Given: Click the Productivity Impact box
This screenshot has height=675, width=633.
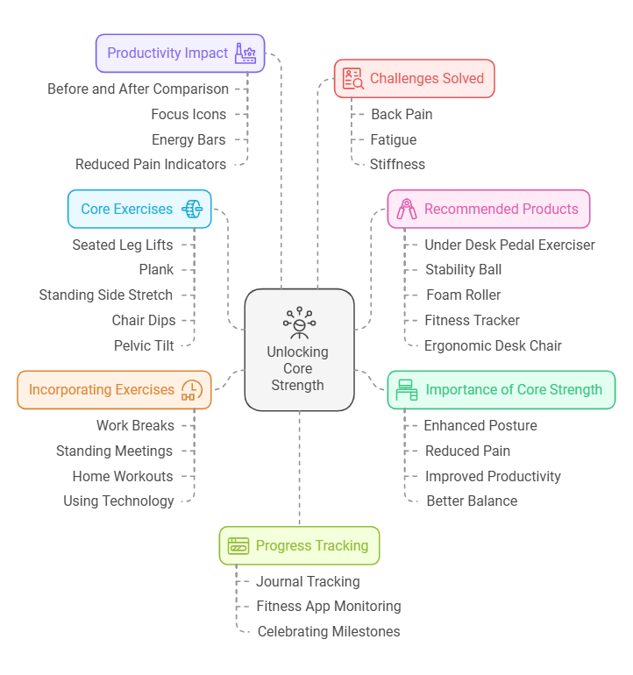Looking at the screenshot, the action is coord(180,53).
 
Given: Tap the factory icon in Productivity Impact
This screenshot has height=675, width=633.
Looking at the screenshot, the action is coord(245,53).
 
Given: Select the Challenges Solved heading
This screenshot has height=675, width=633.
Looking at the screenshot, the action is coord(427,78).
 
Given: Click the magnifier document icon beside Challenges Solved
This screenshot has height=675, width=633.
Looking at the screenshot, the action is coord(353,78).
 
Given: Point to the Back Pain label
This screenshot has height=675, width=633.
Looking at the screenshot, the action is coord(402,115).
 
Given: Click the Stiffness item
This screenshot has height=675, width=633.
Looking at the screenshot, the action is coord(397,165).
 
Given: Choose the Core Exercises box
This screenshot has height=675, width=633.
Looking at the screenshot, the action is coord(139,210).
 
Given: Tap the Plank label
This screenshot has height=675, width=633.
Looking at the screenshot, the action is coord(156,270).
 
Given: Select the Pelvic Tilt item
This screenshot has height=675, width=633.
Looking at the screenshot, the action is coord(144,345).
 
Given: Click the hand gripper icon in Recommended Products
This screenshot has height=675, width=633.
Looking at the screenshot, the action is coord(407,210).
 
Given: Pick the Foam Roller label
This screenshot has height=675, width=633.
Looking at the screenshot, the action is coord(463,295).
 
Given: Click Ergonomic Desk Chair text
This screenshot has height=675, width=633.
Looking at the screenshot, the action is coord(493,345).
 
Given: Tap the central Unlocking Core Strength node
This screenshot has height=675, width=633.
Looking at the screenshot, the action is coord(299,350).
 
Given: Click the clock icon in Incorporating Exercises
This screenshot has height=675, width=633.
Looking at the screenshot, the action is coord(192,390).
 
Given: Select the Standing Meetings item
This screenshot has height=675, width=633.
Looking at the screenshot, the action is coord(114,451).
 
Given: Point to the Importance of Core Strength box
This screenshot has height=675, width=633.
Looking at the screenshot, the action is coord(501,390).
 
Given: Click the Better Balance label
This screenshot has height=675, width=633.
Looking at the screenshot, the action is coord(472,501).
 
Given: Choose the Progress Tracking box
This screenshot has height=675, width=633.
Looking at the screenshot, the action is coord(299,545).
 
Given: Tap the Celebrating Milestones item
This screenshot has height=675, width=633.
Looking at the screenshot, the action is coord(329,631).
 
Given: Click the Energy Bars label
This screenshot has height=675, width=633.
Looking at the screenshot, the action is coord(188,140).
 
